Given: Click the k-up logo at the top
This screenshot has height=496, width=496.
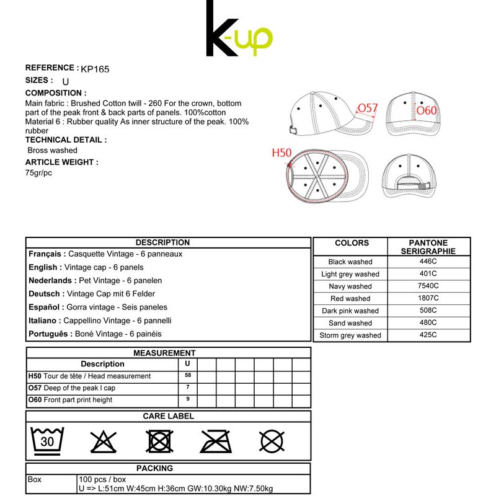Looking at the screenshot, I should click(x=239, y=30).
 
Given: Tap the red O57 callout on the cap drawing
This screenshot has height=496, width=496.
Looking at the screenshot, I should click(x=368, y=108).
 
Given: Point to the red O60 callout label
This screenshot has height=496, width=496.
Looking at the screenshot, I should click(x=427, y=111).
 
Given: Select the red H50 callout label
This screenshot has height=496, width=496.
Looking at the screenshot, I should click(x=282, y=152).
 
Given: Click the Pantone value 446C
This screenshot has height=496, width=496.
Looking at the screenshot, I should click(x=428, y=262).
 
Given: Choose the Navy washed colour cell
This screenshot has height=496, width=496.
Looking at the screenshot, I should click(x=350, y=286).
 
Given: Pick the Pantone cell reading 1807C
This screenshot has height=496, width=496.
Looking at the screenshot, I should click(x=428, y=298).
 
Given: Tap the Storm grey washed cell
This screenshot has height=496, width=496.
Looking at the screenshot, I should click(x=350, y=335).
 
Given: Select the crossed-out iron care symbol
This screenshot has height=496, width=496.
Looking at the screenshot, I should click(x=216, y=440).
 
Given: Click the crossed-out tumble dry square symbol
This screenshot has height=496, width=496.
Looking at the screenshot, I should click(x=159, y=441).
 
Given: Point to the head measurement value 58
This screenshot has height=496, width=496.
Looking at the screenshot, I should click(x=187, y=376).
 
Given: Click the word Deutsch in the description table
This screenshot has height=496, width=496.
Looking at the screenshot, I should click(x=45, y=294).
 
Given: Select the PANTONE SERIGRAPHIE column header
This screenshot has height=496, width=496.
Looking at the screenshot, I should click(x=428, y=247).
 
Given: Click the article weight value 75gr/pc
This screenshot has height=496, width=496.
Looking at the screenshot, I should click(x=38, y=173).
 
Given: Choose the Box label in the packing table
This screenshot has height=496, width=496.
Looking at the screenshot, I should click(x=35, y=480).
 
